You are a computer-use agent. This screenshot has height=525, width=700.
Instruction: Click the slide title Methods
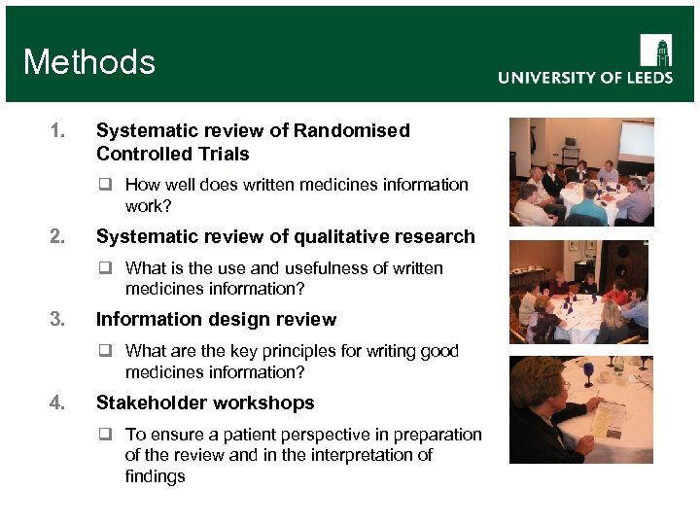[89, 62]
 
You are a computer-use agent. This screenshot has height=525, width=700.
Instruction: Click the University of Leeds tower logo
[655, 50]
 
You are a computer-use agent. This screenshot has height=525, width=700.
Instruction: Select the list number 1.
[57, 130]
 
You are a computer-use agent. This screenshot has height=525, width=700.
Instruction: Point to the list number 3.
[57, 319]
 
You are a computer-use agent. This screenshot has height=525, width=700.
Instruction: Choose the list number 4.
[57, 402]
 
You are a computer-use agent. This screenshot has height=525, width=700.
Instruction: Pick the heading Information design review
[216, 319]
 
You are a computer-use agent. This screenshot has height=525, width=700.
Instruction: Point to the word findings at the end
[155, 476]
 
